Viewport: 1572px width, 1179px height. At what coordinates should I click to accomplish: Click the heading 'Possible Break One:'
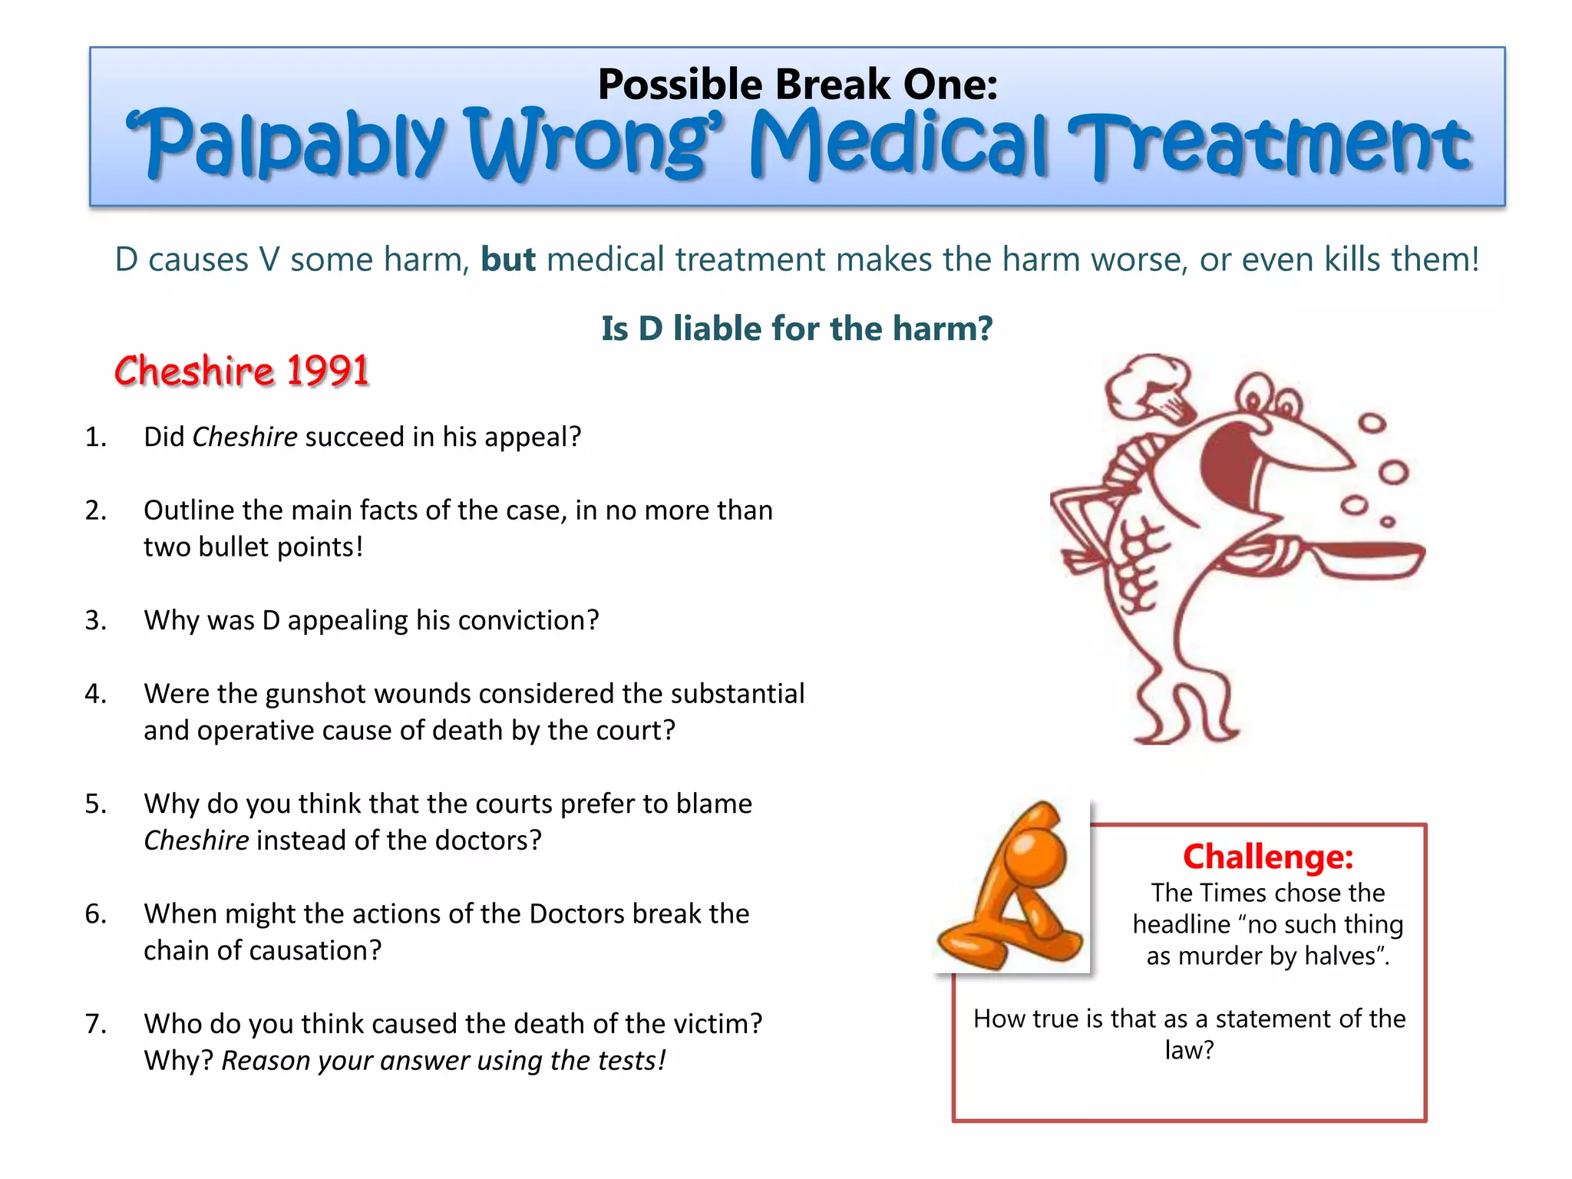pos(797,84)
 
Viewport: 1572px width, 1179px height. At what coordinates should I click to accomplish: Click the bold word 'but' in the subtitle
pos(507,259)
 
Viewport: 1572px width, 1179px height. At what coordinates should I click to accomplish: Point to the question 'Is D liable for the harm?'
pos(797,329)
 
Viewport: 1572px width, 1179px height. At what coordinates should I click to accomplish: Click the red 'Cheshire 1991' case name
pos(242,371)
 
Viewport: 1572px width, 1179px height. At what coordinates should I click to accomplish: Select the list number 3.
pos(95,620)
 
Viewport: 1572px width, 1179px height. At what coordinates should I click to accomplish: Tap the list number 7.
pos(95,1024)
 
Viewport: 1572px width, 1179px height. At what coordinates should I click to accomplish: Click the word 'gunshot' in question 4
pos(315,694)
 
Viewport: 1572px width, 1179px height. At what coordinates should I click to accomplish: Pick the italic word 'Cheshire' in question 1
pos(244,437)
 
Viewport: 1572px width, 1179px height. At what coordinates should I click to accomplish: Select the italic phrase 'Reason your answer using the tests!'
pos(443,1061)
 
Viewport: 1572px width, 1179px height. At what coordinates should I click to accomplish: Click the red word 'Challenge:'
pos(1267,857)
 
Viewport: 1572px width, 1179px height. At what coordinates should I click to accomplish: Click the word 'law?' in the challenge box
pos(1189,1050)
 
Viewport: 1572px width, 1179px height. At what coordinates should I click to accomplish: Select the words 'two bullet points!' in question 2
pos(253,547)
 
